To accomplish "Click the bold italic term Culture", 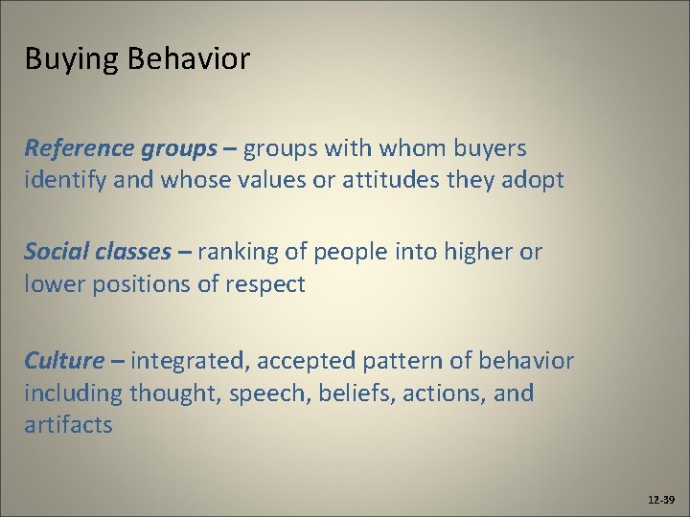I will click(63, 361).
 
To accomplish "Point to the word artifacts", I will click(68, 424).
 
